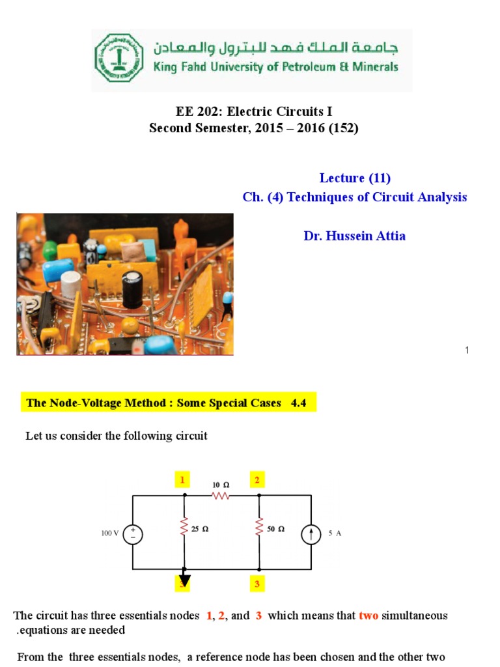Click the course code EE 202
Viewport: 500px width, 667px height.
point(191,111)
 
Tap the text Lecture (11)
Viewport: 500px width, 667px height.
point(355,178)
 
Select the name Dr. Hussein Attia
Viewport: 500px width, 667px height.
point(354,236)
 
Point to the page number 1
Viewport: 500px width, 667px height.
point(467,350)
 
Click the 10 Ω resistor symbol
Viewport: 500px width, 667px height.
point(221,496)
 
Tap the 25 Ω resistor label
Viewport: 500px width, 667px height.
point(201,529)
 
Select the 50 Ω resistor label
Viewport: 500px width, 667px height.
point(276,529)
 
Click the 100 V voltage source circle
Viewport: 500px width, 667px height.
point(133,535)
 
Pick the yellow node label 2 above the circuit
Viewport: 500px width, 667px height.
point(257,480)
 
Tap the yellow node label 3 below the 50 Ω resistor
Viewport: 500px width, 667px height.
point(257,584)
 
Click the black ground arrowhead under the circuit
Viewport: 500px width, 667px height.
point(185,580)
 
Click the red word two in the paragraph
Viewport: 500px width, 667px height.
point(368,616)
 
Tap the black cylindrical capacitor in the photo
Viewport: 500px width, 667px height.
point(133,289)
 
